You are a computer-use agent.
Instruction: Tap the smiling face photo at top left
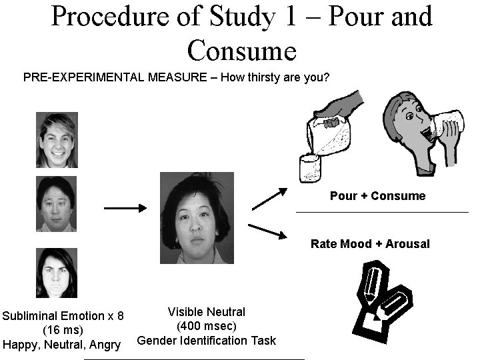tap(56, 140)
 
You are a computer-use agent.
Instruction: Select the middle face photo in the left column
tap(56, 204)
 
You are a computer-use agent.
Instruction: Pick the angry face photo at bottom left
tap(56, 273)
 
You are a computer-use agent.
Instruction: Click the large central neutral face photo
tap(194, 216)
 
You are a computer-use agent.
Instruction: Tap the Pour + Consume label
tap(377, 196)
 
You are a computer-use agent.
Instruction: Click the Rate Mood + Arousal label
tap(370, 244)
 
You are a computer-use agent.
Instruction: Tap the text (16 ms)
tap(63, 330)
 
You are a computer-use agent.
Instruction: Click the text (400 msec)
tap(206, 326)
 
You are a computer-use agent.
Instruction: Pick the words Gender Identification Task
tap(206, 341)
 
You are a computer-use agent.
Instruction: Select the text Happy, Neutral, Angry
tap(62, 345)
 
